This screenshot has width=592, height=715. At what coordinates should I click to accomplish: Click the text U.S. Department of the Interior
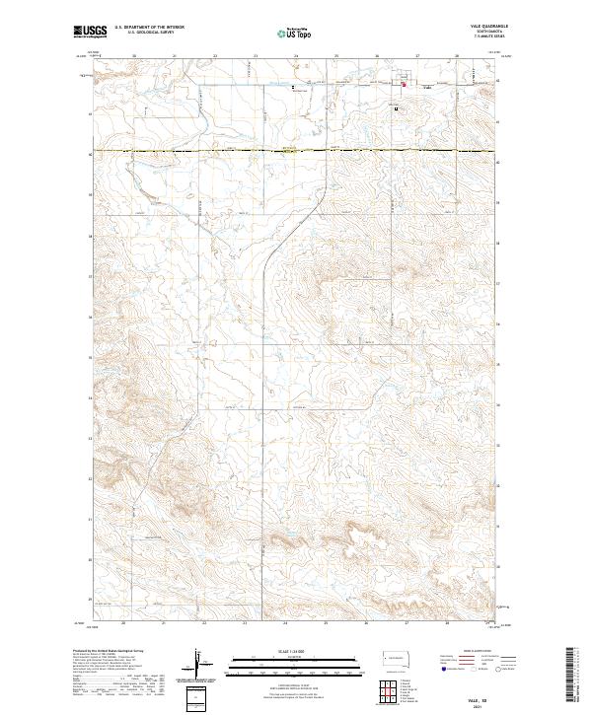pos(148,29)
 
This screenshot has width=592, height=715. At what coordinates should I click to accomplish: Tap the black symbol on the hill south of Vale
pos(397,109)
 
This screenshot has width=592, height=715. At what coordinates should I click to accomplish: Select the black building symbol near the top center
pos(293,87)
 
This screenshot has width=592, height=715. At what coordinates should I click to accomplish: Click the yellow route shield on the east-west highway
pos(289,150)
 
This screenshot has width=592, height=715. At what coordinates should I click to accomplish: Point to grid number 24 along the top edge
pos(295,56)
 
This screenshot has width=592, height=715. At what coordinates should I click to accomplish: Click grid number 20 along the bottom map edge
pos(123,624)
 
